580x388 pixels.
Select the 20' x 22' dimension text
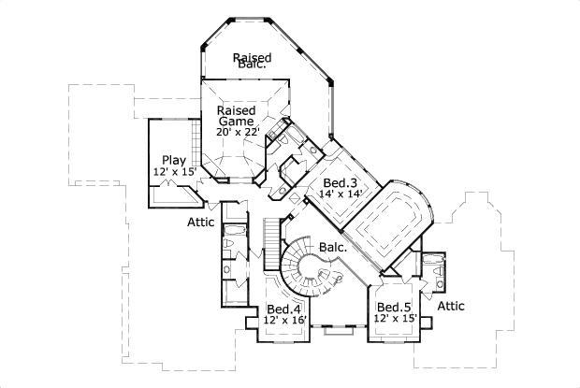(x=238, y=133)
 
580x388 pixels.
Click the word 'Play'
(x=173, y=160)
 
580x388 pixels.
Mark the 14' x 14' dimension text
(x=341, y=194)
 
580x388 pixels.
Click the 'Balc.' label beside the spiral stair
(x=333, y=248)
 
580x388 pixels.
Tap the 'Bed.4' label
(x=283, y=309)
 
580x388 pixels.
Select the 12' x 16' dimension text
(x=283, y=321)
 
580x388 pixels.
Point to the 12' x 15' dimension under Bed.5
(x=394, y=320)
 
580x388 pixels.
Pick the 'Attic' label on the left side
(x=201, y=222)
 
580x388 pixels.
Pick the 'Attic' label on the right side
(x=452, y=305)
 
